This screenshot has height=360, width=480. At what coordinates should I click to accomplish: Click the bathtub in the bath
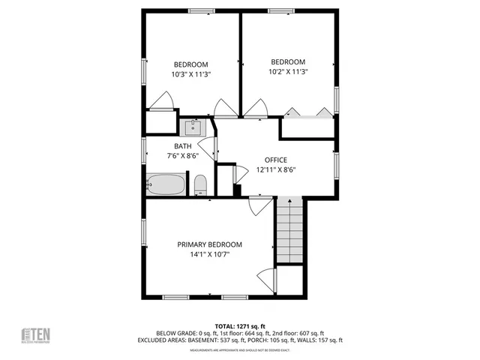point(165,184)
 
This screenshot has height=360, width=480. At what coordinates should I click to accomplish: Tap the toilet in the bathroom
point(200,184)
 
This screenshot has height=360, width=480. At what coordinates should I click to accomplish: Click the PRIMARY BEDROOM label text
point(209,244)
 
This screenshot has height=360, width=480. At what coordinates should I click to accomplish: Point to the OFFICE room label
point(275,160)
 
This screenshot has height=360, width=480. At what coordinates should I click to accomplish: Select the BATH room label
point(183,146)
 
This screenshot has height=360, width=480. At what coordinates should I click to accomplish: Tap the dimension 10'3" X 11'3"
point(191,74)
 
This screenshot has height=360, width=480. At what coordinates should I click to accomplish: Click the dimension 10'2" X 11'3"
point(288,72)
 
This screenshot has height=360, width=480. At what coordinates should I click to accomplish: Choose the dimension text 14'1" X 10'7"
point(209,255)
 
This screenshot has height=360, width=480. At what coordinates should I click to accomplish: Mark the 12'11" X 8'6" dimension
point(275,169)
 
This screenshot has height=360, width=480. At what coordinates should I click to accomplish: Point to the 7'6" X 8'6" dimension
point(183,156)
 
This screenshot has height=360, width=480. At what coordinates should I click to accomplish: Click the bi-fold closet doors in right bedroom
point(307,112)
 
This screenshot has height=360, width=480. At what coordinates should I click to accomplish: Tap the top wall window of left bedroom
point(199,10)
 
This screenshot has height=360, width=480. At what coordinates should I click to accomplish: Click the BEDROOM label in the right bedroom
point(288,62)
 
